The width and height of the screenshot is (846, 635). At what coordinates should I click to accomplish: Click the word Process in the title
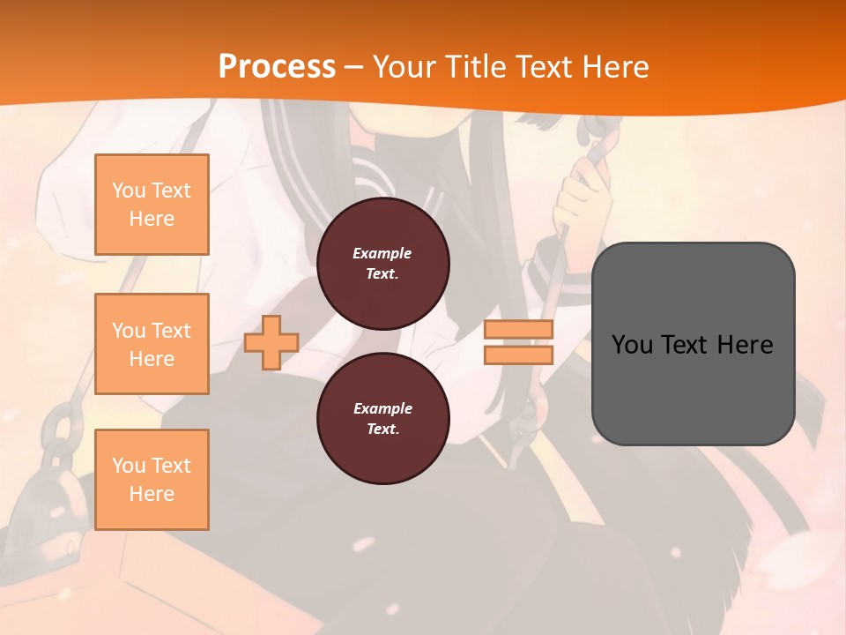pyautogui.click(x=277, y=66)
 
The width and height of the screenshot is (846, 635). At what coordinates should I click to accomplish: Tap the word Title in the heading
pyautogui.click(x=476, y=66)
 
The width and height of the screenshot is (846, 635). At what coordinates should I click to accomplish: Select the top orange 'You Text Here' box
pyautogui.click(x=152, y=205)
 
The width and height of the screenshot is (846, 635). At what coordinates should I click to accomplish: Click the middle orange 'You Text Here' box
pyautogui.click(x=152, y=344)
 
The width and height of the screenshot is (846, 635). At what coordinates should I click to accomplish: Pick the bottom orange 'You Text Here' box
pyautogui.click(x=152, y=480)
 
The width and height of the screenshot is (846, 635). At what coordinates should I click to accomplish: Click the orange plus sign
pyautogui.click(x=271, y=342)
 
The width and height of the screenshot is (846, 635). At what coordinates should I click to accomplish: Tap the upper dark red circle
pyautogui.click(x=382, y=264)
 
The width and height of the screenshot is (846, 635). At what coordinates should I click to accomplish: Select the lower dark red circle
pyautogui.click(x=382, y=419)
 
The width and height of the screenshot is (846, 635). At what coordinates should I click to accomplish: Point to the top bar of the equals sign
pyautogui.click(x=519, y=330)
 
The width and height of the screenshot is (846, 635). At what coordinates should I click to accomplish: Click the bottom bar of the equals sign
pyautogui.click(x=519, y=355)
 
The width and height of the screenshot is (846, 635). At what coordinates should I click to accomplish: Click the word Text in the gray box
pyautogui.click(x=684, y=344)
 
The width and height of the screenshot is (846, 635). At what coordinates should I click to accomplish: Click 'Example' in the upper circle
pyautogui.click(x=382, y=253)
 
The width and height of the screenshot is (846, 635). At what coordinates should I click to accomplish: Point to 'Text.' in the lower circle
pyautogui.click(x=382, y=430)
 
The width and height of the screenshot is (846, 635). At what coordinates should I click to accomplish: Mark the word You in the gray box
pyautogui.click(x=631, y=344)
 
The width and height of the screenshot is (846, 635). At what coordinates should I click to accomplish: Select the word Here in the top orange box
pyautogui.click(x=152, y=219)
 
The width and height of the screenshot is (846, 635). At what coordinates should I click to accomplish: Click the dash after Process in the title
pyautogui.click(x=353, y=67)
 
